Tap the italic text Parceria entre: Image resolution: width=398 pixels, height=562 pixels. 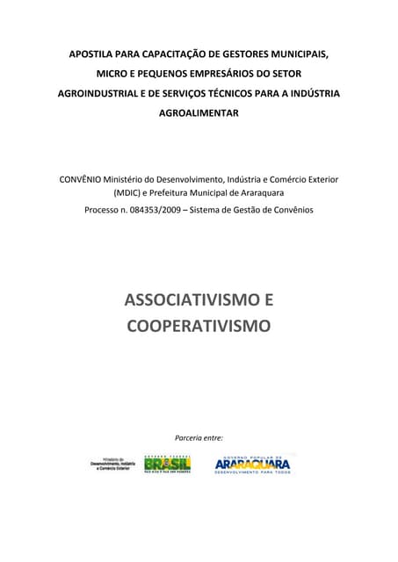(x=199, y=436)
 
